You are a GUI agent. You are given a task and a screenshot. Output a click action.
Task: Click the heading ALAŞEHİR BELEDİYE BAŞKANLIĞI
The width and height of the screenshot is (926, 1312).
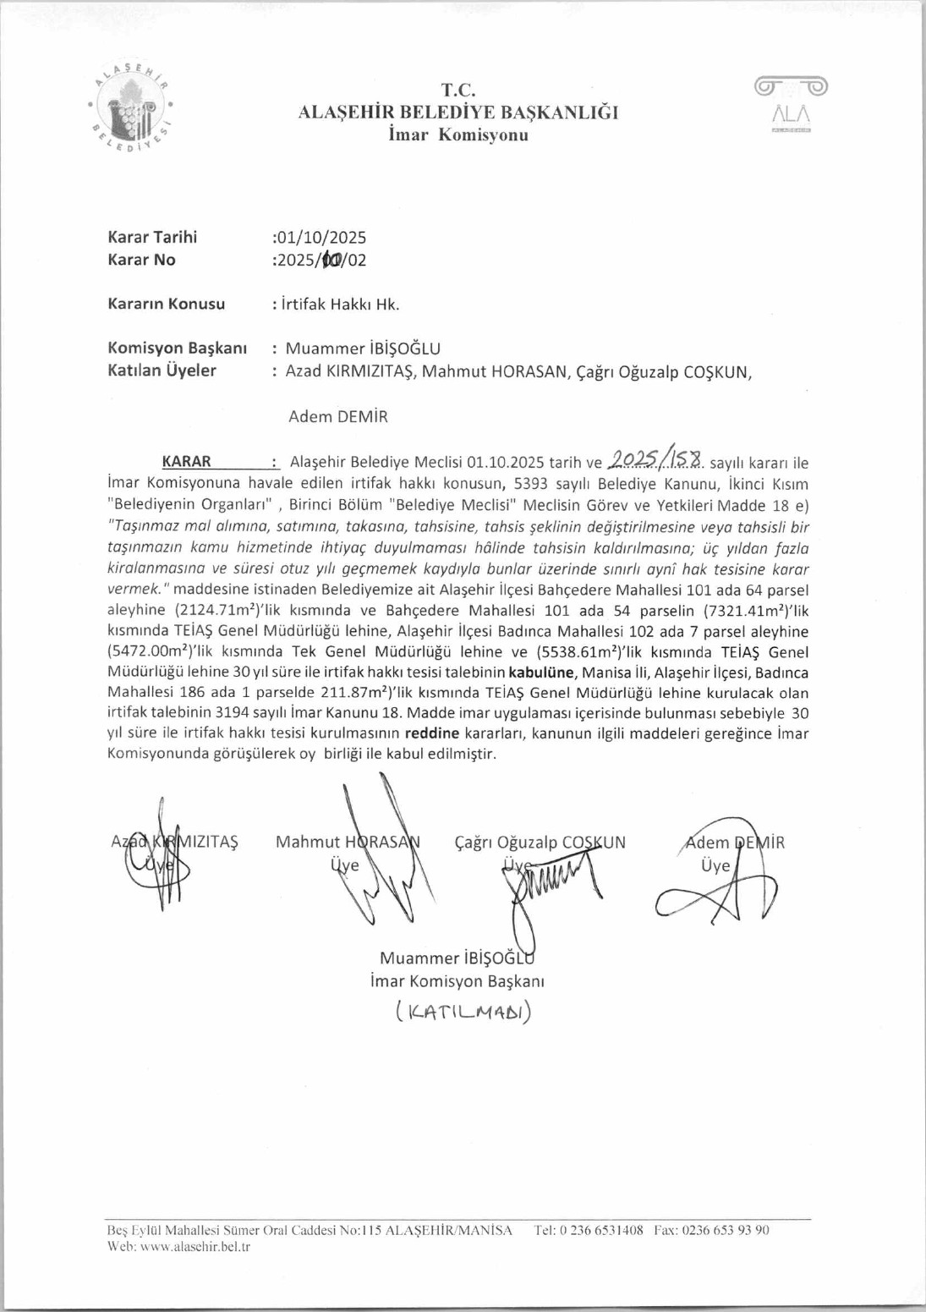[458, 113]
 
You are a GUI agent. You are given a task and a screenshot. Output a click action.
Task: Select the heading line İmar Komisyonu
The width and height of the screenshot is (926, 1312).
[458, 135]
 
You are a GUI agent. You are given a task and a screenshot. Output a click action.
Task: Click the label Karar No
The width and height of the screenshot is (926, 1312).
[141, 260]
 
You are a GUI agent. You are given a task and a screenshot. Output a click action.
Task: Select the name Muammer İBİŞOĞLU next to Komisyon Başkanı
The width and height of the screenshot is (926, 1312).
[363, 349]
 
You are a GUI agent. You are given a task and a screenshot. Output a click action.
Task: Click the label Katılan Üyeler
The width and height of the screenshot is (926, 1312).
[162, 371]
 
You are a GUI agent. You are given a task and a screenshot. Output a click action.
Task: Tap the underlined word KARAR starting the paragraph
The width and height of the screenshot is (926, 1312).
[187, 462]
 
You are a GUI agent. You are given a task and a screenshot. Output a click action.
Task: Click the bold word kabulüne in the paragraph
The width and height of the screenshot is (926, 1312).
[541, 673]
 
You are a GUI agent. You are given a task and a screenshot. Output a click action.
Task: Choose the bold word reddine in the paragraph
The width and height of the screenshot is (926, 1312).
[431, 733]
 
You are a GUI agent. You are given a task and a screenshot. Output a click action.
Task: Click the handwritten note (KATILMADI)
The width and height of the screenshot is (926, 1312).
[463, 1012]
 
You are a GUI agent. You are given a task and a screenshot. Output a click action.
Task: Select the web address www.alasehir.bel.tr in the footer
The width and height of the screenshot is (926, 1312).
[195, 1247]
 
